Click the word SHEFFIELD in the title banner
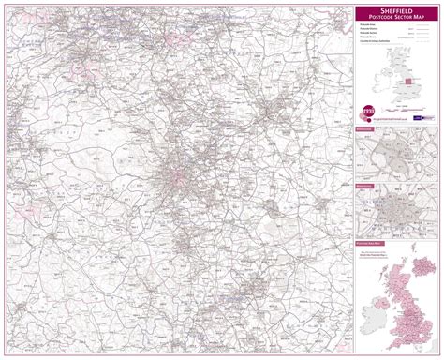397,11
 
